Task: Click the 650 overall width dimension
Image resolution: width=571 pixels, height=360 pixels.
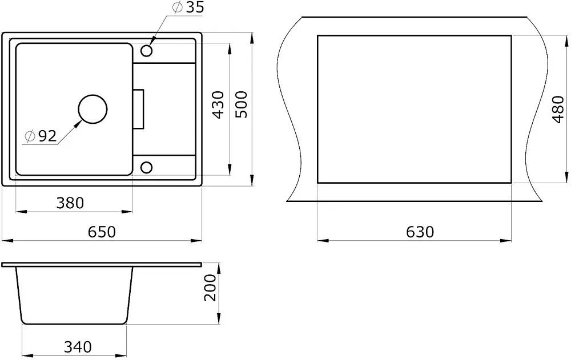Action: click(x=102, y=232)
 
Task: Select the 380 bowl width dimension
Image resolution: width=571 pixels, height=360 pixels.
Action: click(x=70, y=203)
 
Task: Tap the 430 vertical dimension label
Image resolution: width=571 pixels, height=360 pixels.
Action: click(x=219, y=105)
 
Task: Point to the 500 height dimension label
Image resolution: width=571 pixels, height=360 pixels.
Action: click(x=241, y=104)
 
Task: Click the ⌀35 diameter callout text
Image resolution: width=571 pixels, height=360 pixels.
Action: click(x=188, y=7)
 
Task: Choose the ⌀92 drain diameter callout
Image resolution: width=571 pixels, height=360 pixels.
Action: click(x=41, y=136)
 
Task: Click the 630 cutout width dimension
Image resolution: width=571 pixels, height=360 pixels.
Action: click(x=420, y=232)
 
